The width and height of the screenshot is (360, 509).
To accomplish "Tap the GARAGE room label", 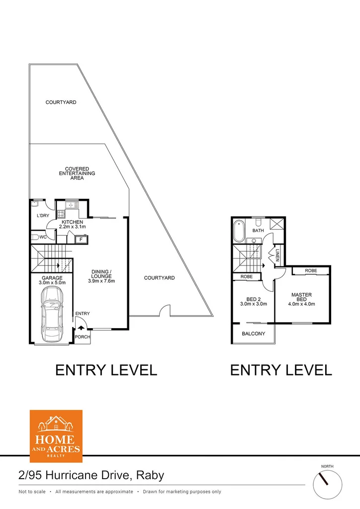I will click(52, 278).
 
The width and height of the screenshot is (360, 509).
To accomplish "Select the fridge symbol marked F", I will click(80, 240).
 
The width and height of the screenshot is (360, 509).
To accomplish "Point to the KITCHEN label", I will click(72, 222).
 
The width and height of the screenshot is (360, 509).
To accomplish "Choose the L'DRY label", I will click(43, 216).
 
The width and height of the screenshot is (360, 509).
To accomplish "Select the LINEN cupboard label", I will click(277, 256).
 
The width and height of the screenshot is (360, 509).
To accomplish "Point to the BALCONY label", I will click(253, 334).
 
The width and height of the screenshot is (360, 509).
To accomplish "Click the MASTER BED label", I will click(301, 297).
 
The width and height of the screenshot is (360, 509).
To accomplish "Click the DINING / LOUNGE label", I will click(101, 276).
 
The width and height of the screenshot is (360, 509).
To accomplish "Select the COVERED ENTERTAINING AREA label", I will click(77, 173).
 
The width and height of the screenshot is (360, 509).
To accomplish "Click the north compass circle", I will click(328, 483).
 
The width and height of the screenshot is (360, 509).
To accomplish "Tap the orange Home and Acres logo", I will click(56, 436).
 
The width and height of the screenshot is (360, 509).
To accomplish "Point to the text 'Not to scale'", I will click(32, 492).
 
